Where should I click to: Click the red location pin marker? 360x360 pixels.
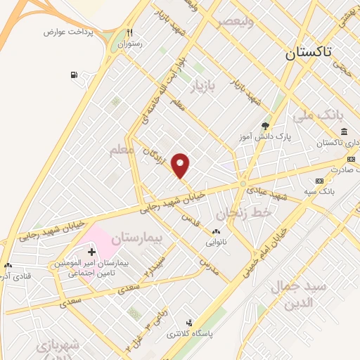181,166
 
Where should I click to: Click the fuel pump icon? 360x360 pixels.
74,75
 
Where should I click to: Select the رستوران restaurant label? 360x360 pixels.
129,43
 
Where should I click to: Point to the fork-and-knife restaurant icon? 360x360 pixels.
129,32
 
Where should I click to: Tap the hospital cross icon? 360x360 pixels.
91,251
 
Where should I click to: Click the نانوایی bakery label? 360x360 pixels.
217,241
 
